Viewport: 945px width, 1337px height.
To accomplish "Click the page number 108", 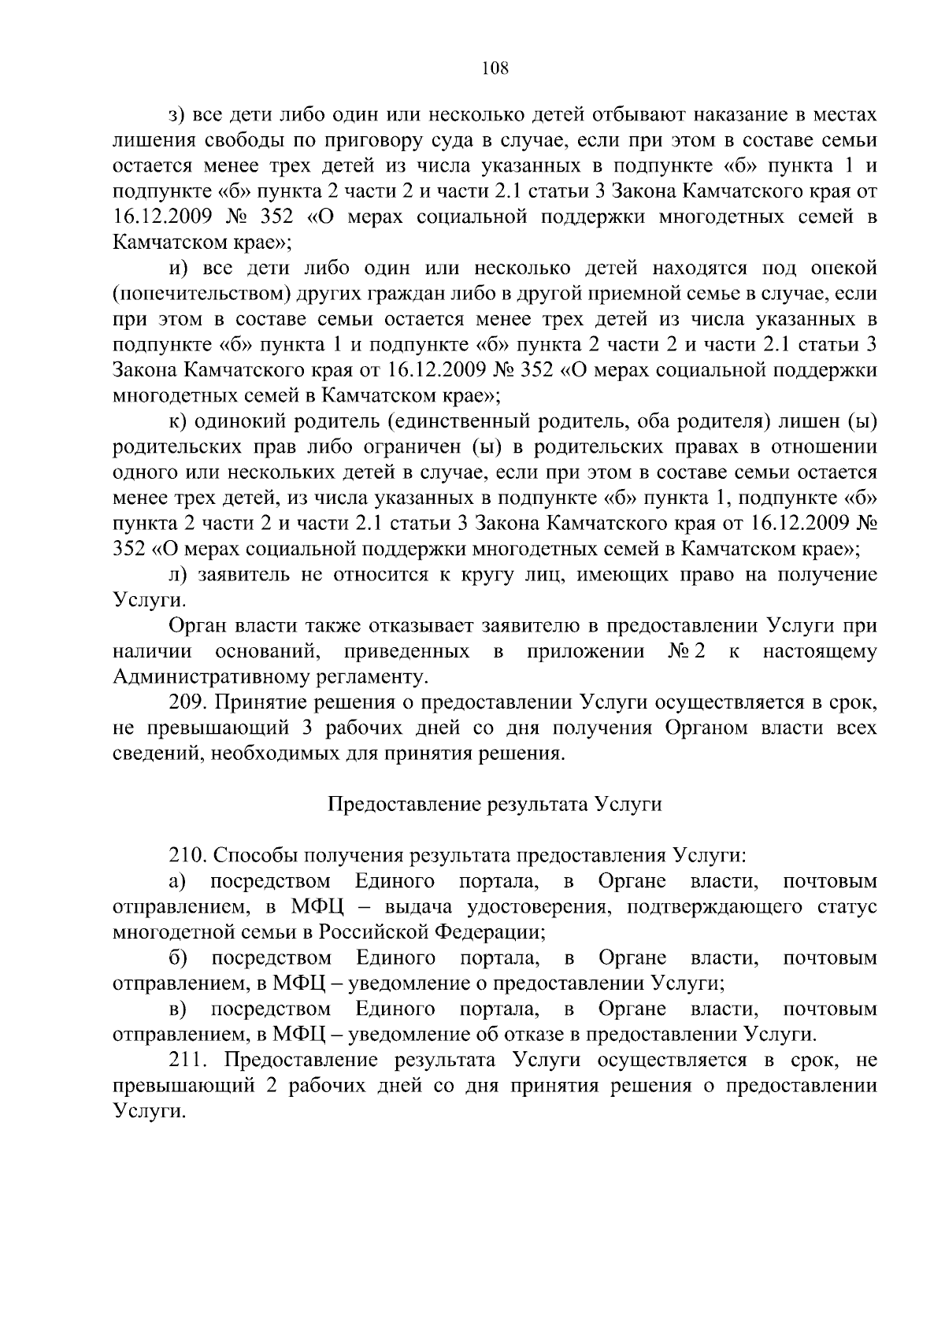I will [x=495, y=69].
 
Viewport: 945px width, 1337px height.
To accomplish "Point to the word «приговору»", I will [x=378, y=141].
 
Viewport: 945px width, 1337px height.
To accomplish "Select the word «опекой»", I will [x=843, y=269].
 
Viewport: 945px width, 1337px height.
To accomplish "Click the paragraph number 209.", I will [x=187, y=703].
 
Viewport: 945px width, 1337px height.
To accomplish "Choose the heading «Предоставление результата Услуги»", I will [x=495, y=805].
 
